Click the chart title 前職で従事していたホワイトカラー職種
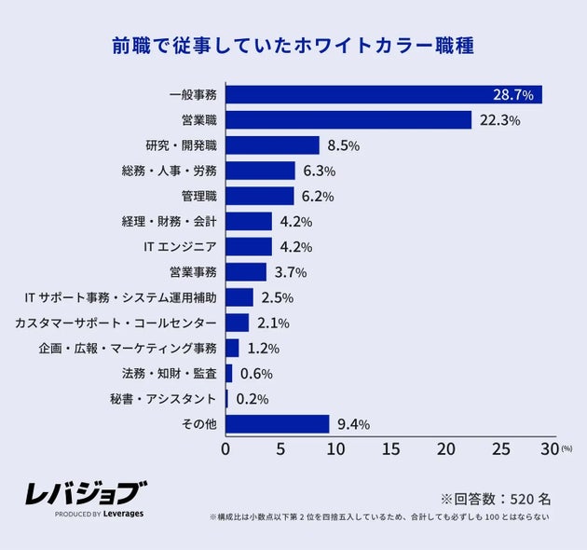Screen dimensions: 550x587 point(293,46)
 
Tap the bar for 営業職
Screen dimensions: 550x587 point(348,120)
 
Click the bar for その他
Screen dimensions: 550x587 point(278,424)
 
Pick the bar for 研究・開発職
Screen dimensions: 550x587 point(273,145)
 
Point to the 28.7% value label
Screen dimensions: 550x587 point(512,95)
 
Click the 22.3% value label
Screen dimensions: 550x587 point(499,120)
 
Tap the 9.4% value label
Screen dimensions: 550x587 point(352,424)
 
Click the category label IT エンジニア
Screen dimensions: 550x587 point(180,247)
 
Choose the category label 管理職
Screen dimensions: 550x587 point(198,196)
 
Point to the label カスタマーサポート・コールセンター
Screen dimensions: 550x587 point(116,323)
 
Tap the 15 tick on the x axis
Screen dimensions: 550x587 point(390,448)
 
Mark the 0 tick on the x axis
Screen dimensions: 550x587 point(225,448)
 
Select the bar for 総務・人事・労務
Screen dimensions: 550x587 point(261,171)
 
